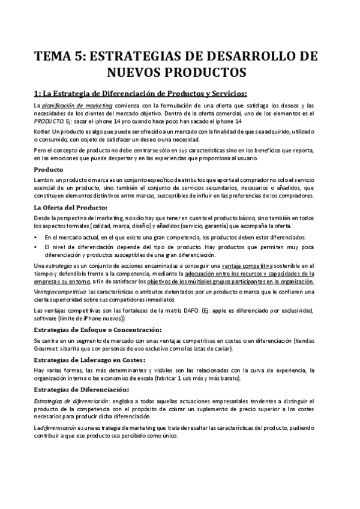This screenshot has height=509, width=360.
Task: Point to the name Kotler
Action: point(42,131)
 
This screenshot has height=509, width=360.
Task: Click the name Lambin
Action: point(43,181)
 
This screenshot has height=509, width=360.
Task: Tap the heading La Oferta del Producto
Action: point(70,208)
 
